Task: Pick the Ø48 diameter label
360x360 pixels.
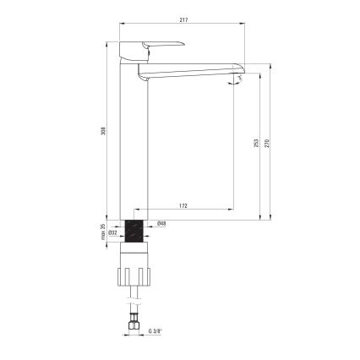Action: pyautogui.click(x=161, y=224)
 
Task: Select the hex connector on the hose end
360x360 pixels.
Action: pyautogui.click(x=133, y=324)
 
